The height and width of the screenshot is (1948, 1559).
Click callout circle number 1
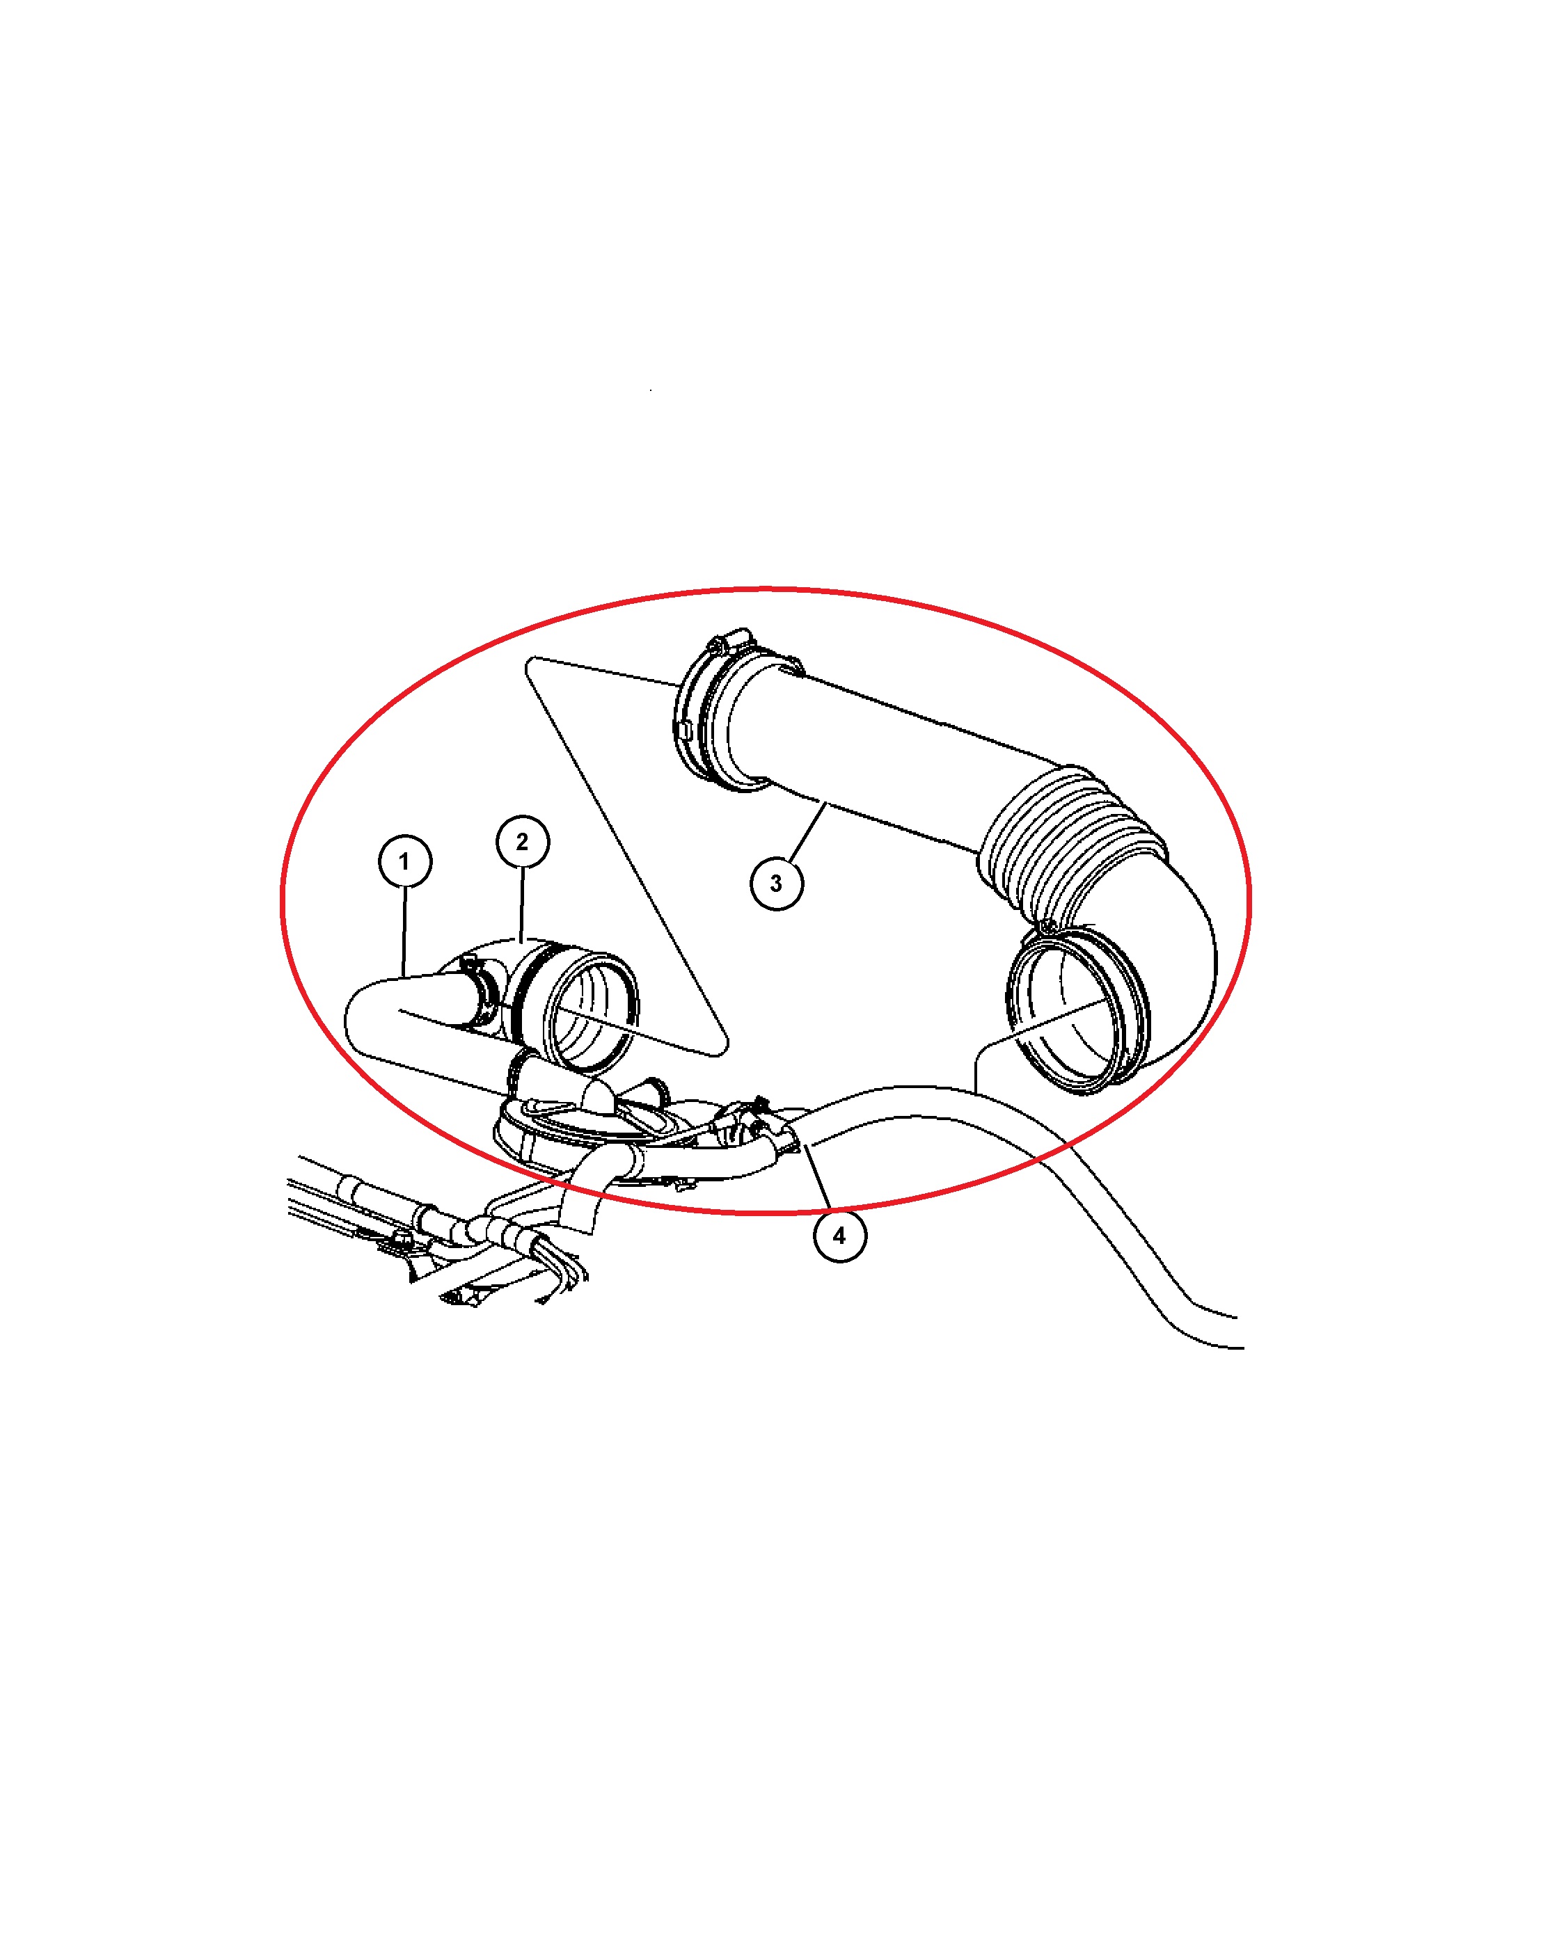click(x=404, y=861)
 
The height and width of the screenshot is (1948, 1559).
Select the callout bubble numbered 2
click(x=523, y=841)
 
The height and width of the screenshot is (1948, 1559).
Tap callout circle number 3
click(x=776, y=883)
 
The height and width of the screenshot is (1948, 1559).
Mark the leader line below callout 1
click(x=404, y=932)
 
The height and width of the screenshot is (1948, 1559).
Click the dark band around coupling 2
click(x=529, y=994)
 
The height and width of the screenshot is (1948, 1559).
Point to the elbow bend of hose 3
click(x=1175, y=958)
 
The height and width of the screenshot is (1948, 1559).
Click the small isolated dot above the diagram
click(x=651, y=390)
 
